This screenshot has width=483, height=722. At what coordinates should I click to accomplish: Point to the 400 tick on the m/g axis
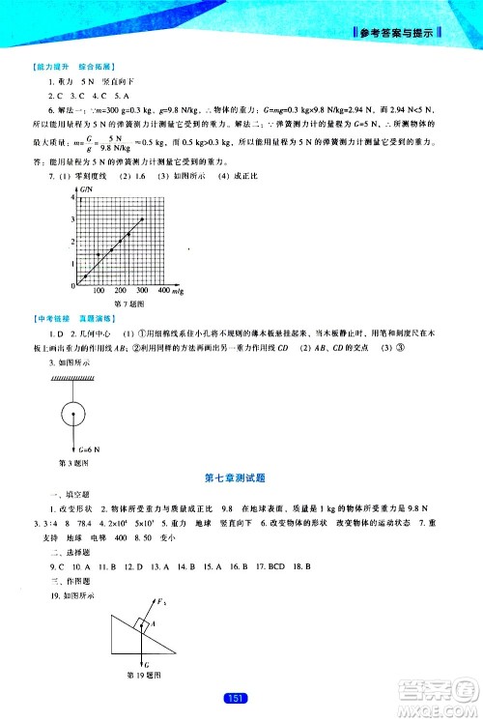tap(164, 290)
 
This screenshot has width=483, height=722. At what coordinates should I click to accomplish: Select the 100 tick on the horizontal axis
tap(98, 290)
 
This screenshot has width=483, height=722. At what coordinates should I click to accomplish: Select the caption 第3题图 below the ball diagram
tap(74, 463)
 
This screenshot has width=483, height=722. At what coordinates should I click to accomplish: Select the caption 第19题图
tap(143, 675)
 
